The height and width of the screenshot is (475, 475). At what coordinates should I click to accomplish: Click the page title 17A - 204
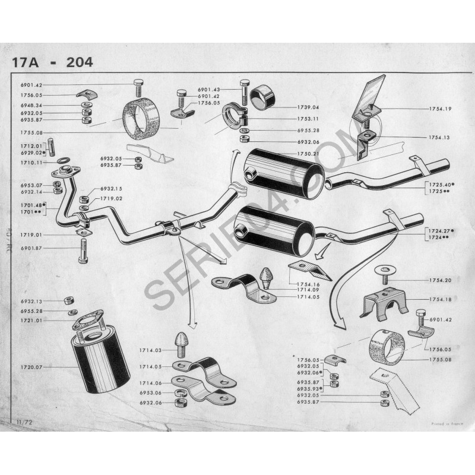52,62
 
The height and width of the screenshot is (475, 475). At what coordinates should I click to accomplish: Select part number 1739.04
307,107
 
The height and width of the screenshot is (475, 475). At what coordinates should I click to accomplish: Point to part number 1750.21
307,154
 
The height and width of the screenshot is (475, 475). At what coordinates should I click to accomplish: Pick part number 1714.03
150,351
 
